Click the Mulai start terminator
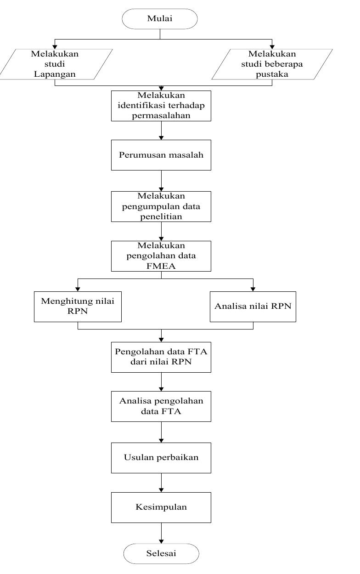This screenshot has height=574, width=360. click(160, 19)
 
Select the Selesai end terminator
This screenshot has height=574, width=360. click(161, 553)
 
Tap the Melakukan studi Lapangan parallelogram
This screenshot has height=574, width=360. click(55, 64)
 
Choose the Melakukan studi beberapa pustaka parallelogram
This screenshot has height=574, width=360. click(272, 64)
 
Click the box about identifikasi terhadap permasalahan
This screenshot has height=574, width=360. click(161, 106)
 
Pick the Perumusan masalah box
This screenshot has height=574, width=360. click(161, 155)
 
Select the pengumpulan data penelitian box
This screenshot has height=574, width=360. click(161, 206)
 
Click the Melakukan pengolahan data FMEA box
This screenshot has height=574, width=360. click(161, 256)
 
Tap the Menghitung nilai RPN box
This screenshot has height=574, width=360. click(78, 307)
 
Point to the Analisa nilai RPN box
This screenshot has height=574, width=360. click(253, 307)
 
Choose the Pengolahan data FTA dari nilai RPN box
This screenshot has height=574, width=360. click(161, 357)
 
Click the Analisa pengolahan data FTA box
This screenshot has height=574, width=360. click(161, 406)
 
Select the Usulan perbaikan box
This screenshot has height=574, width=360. click(161, 458)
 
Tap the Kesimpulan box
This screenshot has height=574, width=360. click(161, 507)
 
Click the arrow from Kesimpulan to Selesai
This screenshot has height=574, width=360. click(161, 533)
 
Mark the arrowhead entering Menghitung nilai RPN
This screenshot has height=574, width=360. click(78, 289)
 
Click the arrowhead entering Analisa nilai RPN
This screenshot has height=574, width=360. click(253, 289)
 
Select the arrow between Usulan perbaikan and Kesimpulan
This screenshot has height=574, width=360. click(161, 483)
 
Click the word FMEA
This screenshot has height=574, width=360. click(161, 265)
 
